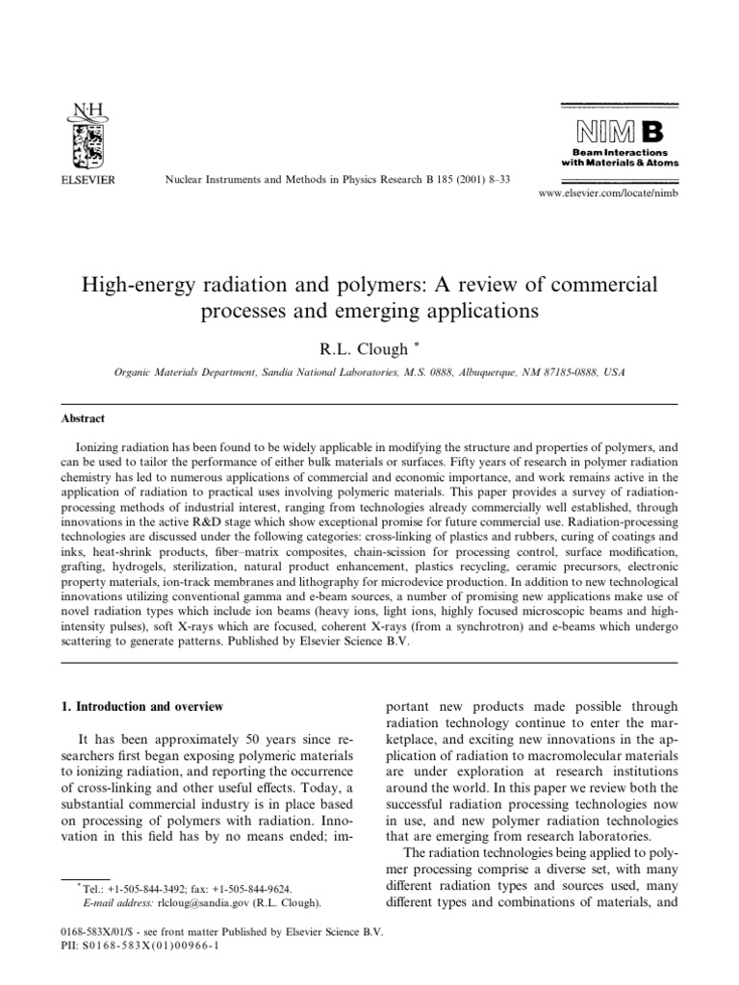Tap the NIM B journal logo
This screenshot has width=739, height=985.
tap(624, 129)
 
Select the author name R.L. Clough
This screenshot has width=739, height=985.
tap(365, 349)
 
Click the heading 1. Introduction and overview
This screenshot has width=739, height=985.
tap(140, 707)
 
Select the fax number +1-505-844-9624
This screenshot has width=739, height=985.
tap(258, 890)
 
